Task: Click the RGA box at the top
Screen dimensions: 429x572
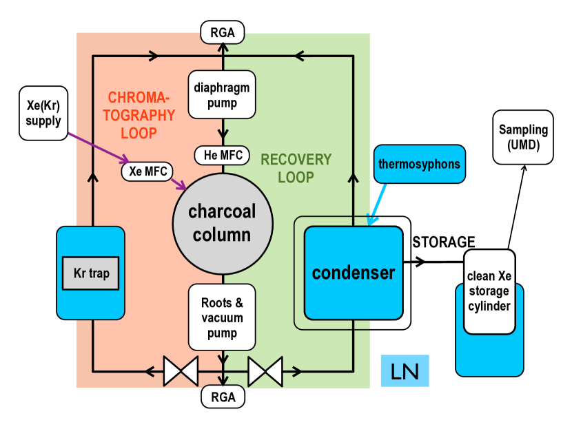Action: click(222, 31)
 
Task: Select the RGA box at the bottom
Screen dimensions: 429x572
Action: click(222, 397)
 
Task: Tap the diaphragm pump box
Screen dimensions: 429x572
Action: click(222, 96)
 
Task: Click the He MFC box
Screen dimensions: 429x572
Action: click(222, 155)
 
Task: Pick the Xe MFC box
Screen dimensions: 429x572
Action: click(147, 170)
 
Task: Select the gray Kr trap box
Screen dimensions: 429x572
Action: click(91, 273)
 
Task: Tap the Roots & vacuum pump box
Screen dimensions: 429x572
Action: click(222, 318)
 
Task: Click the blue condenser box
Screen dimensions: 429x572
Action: click(354, 273)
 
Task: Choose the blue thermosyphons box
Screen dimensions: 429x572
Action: click(418, 164)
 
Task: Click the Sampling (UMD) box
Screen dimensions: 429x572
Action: click(523, 137)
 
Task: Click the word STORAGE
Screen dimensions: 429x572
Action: click(444, 242)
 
